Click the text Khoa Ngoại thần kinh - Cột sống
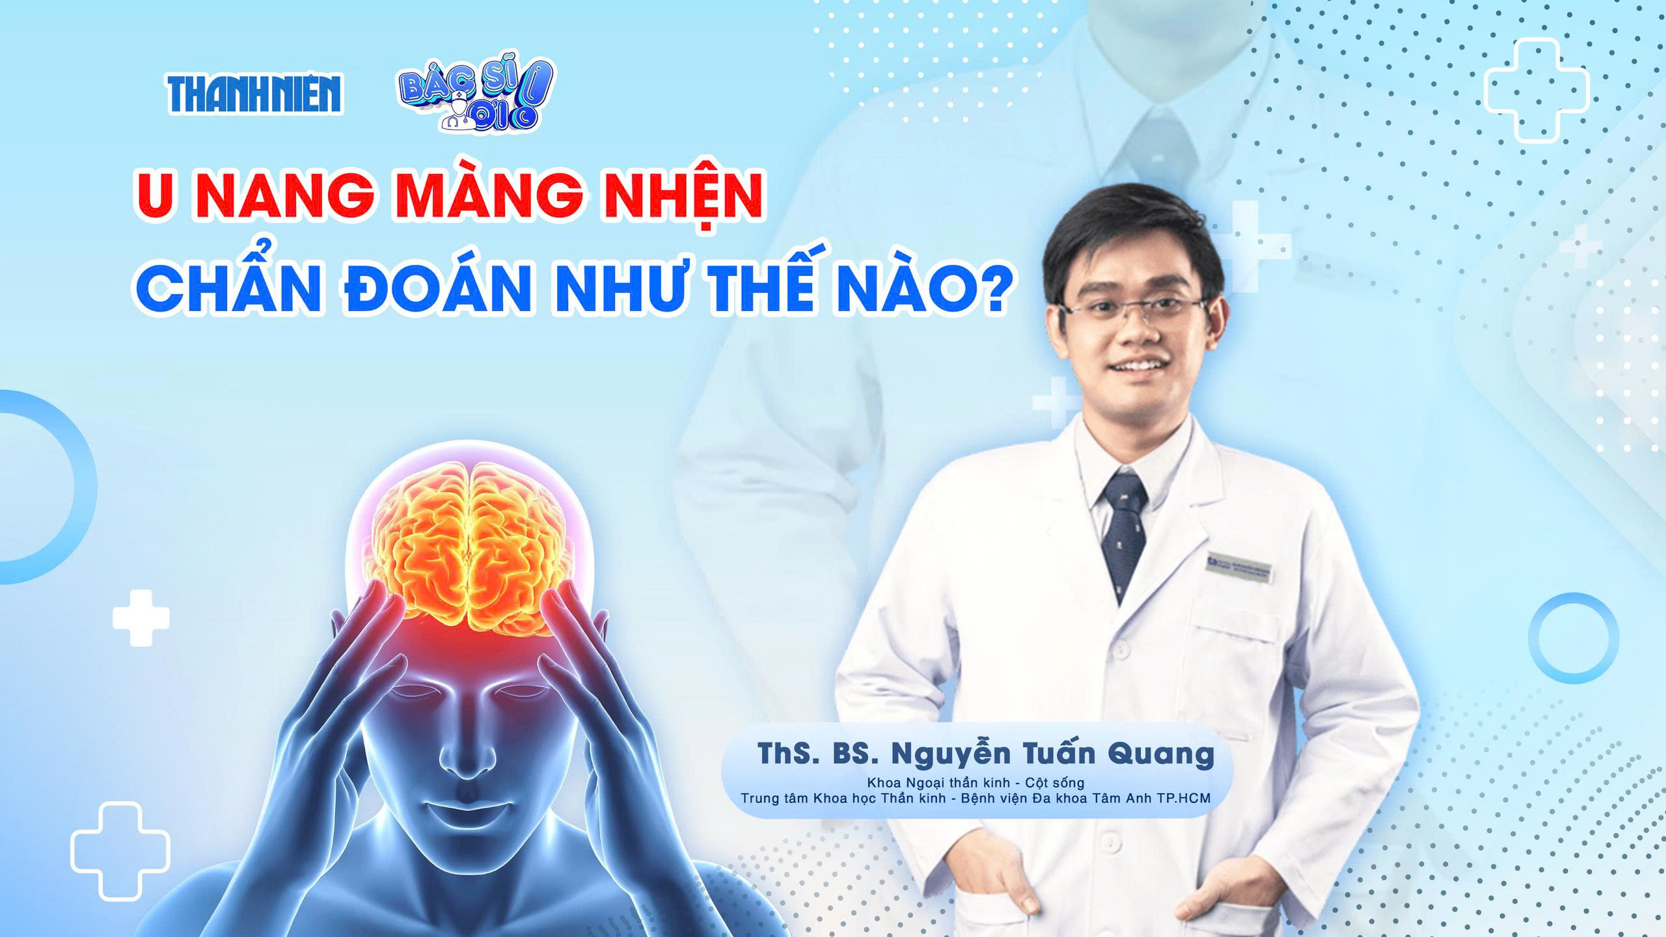[x=976, y=781]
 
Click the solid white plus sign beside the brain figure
[x=141, y=618]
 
